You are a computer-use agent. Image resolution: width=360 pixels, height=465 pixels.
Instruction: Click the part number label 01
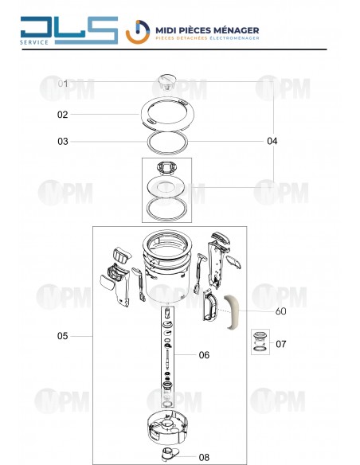[63, 84]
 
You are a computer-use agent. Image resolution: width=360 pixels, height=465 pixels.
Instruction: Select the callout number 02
[63, 115]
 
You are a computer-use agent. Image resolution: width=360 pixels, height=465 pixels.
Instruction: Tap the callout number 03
[63, 141]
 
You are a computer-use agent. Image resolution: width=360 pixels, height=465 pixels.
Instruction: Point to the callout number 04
[272, 141]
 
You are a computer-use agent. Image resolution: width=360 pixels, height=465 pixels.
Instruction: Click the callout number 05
[63, 336]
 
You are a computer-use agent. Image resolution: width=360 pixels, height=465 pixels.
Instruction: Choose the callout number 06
[204, 354]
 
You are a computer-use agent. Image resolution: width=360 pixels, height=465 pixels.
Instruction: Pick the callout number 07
[281, 344]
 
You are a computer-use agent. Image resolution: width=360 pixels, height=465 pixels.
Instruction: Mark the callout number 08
[204, 457]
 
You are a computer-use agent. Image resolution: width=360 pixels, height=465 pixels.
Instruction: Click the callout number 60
[281, 311]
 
